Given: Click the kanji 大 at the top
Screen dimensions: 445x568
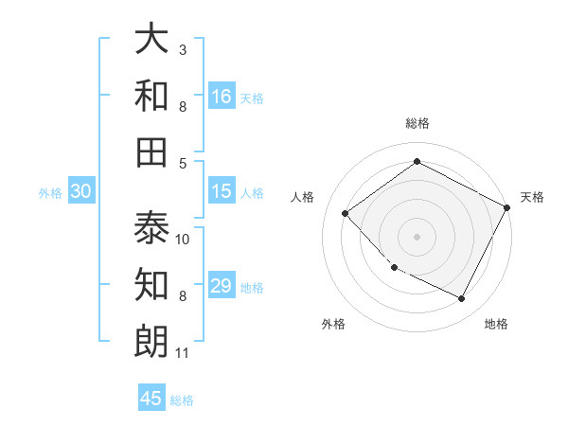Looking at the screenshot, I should (151, 40).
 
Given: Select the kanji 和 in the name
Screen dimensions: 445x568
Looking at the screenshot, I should (151, 96).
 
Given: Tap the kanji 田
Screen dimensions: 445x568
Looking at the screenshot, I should (151, 151).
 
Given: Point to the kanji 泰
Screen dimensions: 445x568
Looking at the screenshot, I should (151, 227).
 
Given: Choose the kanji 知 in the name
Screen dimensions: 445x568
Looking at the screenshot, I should (151, 284).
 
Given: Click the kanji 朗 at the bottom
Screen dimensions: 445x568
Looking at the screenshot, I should (151, 341).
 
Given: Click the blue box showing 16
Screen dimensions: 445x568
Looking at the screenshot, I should (222, 96).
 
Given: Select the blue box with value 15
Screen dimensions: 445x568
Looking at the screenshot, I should (222, 191).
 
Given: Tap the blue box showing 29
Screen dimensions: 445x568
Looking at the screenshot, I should (222, 286).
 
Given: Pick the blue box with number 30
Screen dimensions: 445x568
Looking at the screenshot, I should (81, 191).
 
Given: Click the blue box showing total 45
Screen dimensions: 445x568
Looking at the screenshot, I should (151, 399).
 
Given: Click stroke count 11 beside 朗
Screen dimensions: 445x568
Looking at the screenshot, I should (183, 354).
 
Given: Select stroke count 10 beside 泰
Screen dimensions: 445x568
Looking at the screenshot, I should (183, 239).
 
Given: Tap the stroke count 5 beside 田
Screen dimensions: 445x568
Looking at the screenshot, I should (183, 163).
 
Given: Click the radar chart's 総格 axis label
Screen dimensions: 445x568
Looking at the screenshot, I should (417, 123).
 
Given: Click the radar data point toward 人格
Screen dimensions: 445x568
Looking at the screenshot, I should (346, 213).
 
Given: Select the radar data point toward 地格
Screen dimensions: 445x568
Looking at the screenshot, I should (462, 298).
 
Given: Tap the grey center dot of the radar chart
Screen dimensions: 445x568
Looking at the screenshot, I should (417, 236).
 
